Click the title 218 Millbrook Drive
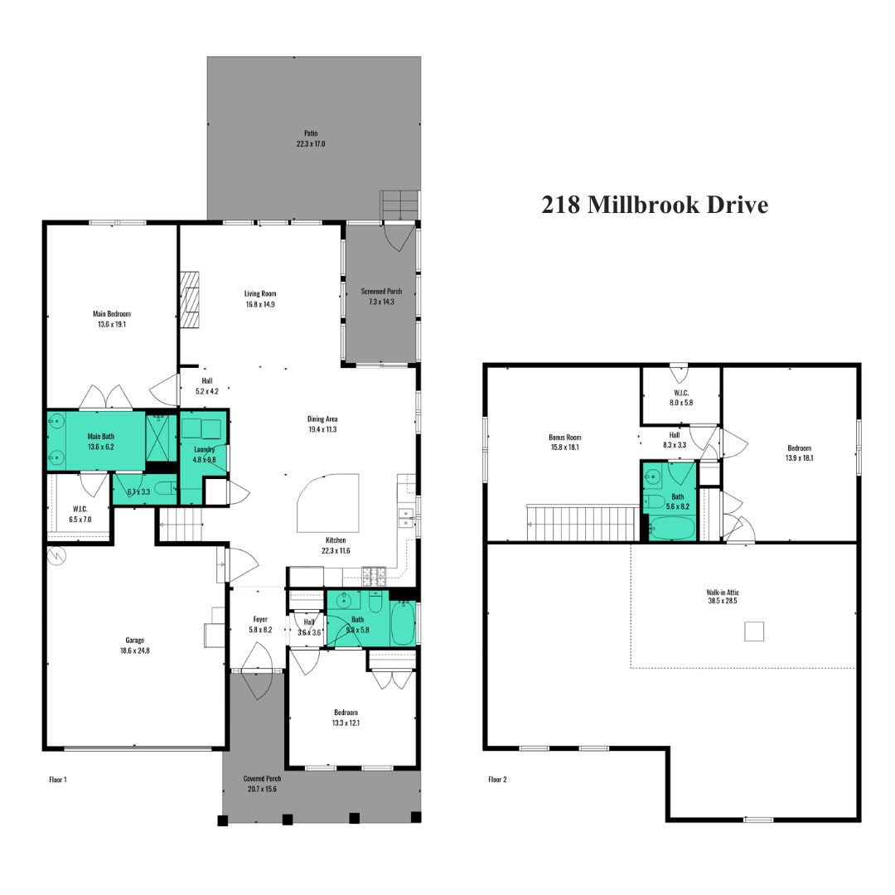click(655, 205)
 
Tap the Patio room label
click(311, 133)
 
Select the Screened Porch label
click(381, 291)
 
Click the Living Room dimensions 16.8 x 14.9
click(260, 304)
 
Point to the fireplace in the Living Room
click(190, 300)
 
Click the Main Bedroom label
click(112, 313)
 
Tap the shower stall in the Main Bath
click(161, 438)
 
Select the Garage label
click(135, 641)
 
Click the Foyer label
click(260, 619)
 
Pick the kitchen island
click(329, 503)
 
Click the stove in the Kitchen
click(374, 576)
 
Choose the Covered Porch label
click(262, 778)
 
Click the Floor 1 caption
click(58, 780)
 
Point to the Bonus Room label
click(565, 438)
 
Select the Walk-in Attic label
click(723, 593)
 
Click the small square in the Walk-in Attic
click(754, 631)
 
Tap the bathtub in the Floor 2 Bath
click(672, 528)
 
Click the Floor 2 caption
click(497, 780)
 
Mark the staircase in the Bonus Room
click(583, 522)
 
